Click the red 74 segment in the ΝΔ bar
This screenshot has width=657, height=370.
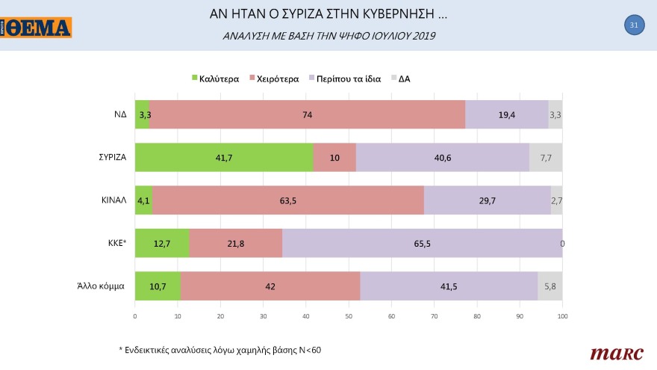[x=307, y=115]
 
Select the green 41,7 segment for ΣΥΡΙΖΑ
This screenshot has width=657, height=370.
[x=224, y=158]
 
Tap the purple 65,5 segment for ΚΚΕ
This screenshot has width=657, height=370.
[x=422, y=243]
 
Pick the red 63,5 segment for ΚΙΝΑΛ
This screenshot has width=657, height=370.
[x=288, y=200]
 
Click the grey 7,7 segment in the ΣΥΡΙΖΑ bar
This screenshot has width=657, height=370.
[x=546, y=158]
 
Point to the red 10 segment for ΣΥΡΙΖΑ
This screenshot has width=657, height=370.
[x=334, y=158]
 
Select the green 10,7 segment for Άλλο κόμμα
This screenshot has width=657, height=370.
[x=158, y=286]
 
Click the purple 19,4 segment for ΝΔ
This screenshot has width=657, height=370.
[x=506, y=115]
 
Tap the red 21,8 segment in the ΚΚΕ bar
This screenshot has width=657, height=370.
[x=236, y=243]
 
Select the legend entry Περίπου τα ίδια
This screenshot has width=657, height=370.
[x=349, y=78]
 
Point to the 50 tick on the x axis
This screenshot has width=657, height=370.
[x=349, y=316]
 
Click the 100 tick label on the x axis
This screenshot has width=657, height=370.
[x=562, y=316]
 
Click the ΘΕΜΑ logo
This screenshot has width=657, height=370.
[x=37, y=28]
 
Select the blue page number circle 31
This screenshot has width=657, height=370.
[x=633, y=25]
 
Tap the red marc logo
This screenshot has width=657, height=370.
[x=611, y=352]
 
